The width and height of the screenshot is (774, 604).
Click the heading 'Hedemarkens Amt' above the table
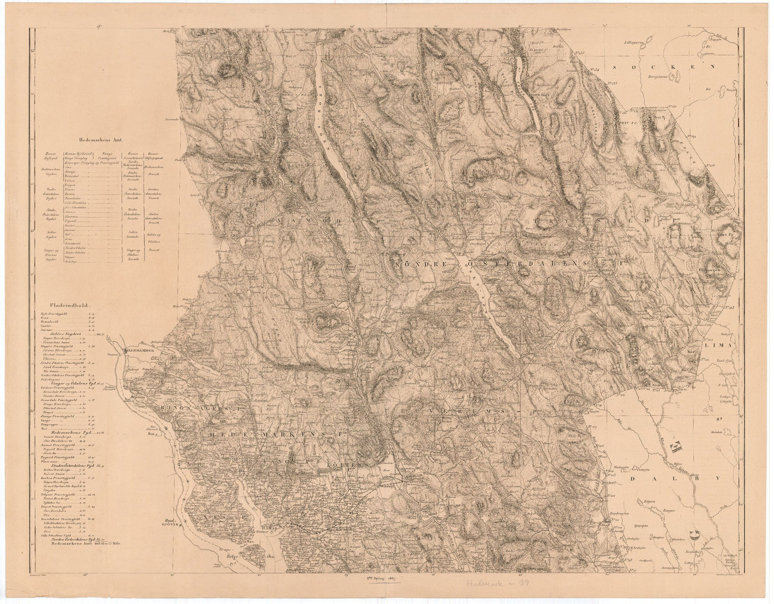point(101,139)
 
